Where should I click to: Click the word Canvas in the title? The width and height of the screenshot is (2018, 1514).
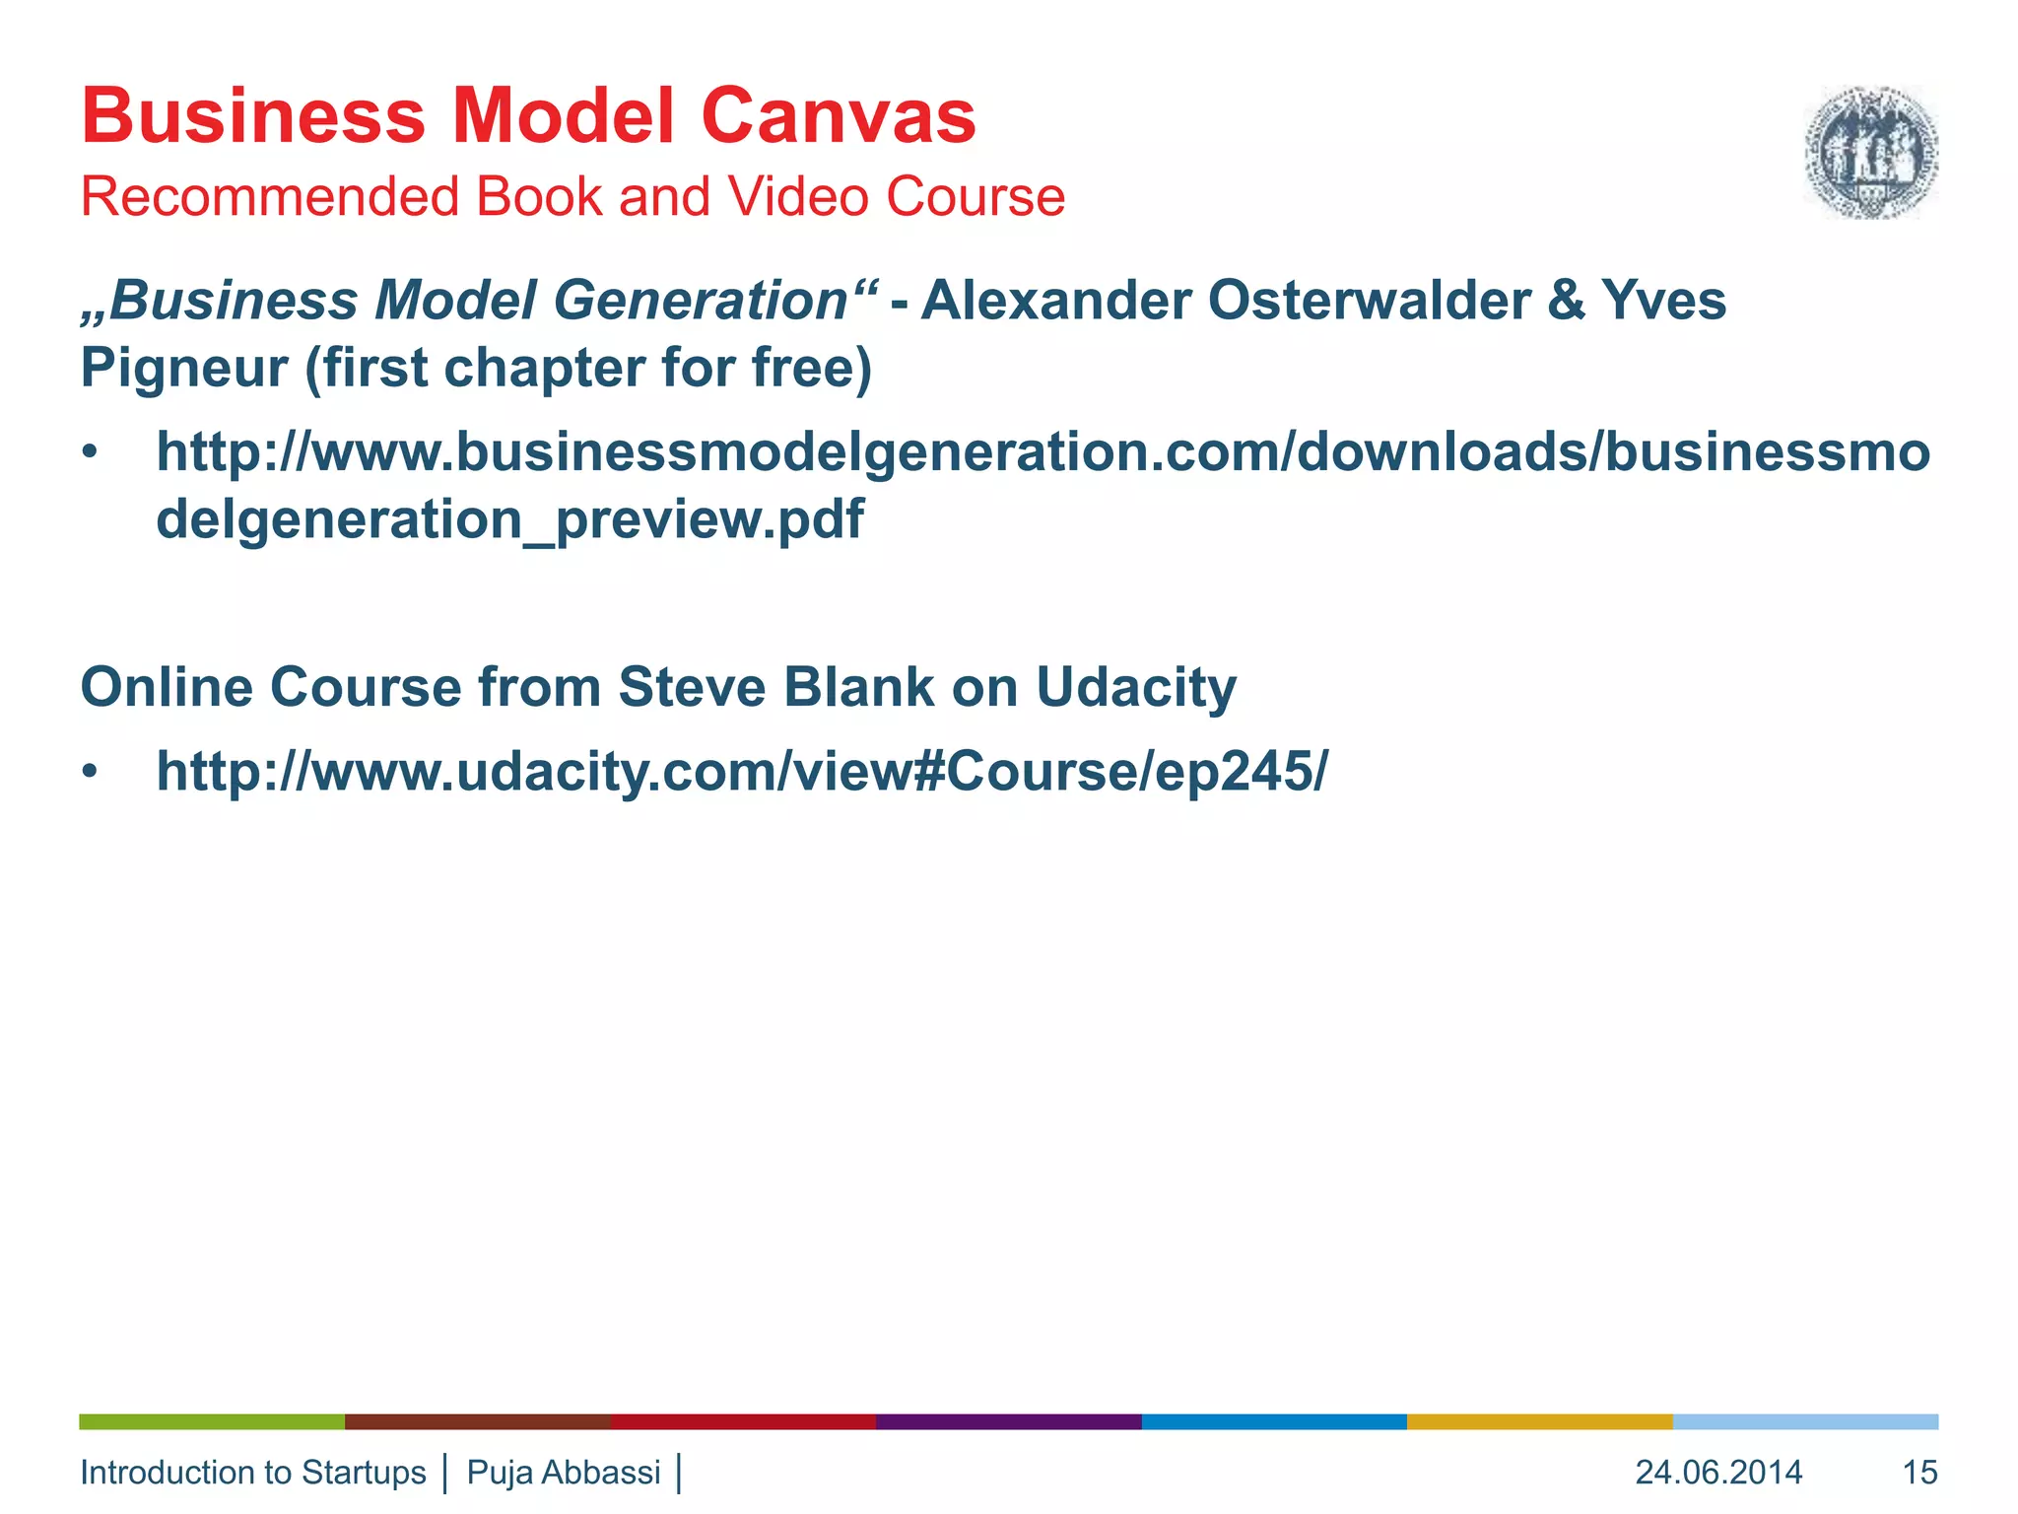(x=838, y=116)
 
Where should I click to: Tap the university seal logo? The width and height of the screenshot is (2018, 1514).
(x=1870, y=152)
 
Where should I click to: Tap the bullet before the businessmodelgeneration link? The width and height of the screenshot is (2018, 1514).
(x=91, y=453)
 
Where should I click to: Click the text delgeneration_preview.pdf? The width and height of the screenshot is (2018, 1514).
(x=509, y=519)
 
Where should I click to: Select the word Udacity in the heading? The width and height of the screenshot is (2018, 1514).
(x=1135, y=687)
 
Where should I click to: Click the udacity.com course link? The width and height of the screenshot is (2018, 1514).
(x=741, y=771)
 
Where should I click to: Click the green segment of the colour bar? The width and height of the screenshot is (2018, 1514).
(x=212, y=1421)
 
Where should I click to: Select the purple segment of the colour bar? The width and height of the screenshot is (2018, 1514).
(x=1008, y=1421)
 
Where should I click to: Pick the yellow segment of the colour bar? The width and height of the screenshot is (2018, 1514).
(x=1539, y=1421)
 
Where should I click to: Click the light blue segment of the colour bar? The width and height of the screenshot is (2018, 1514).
(x=1805, y=1421)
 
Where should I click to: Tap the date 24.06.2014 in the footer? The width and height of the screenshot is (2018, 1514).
(x=1718, y=1473)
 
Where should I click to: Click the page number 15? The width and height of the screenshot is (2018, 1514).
(x=1919, y=1473)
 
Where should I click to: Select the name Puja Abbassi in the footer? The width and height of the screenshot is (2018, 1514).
(x=564, y=1473)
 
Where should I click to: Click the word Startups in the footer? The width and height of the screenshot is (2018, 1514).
(x=364, y=1473)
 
